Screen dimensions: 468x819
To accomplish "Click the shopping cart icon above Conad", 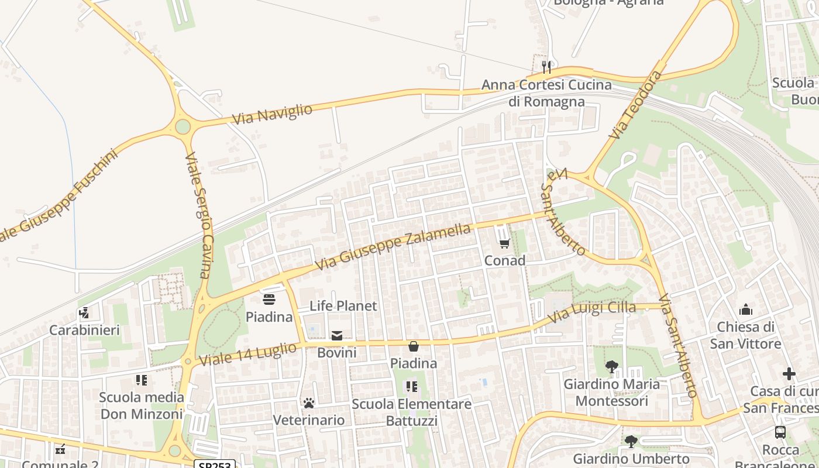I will pyautogui.click(x=504, y=243).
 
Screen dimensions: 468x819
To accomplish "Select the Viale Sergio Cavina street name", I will pyautogui.click(x=197, y=215).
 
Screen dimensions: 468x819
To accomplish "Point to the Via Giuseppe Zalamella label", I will pyautogui.click(x=393, y=247).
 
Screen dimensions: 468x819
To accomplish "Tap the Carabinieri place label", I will pyautogui.click(x=84, y=330).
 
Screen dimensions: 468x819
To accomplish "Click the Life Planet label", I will pyautogui.click(x=343, y=306).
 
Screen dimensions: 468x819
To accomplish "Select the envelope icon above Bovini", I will pyautogui.click(x=337, y=335).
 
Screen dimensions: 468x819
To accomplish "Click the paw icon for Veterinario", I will pyautogui.click(x=309, y=403).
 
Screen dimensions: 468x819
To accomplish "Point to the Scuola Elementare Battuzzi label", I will pyautogui.click(x=411, y=412).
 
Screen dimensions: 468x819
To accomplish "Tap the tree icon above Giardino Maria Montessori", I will pyautogui.click(x=612, y=367).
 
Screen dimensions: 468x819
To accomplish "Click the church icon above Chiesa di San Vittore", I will pyautogui.click(x=746, y=309).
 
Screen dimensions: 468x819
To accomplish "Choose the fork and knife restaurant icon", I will pyautogui.click(x=546, y=67).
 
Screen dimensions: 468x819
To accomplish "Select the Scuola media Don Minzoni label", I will pyautogui.click(x=142, y=405).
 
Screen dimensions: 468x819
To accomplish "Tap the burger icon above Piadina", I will pyautogui.click(x=269, y=300).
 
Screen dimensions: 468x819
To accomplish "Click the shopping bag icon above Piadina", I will pyautogui.click(x=414, y=346).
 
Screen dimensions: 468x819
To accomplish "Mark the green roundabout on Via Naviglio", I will pyautogui.click(x=183, y=126).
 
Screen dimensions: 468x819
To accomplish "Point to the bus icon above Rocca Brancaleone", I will pyautogui.click(x=780, y=432).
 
